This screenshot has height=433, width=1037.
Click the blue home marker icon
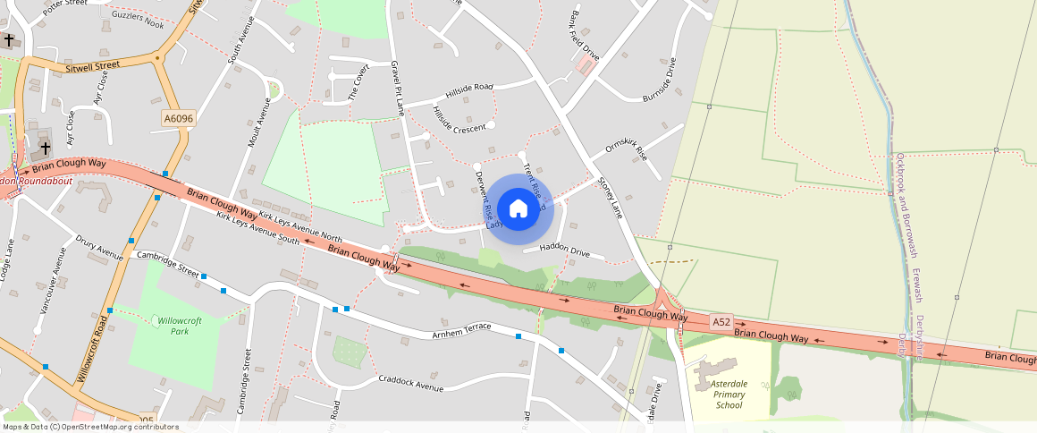(518, 208)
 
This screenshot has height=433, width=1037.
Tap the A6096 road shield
(179, 118)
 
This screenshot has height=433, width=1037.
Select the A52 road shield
(721, 320)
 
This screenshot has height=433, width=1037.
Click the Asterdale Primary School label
(729, 394)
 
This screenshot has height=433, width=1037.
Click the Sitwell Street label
(92, 66)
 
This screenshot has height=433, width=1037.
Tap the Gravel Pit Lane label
(398, 89)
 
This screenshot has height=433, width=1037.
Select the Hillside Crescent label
(458, 120)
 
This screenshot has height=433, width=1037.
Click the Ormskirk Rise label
(626, 150)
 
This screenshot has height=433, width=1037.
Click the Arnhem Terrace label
(461, 327)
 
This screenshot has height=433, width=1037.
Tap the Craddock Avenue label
(411, 383)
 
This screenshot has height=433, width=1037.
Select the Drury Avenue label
(99, 249)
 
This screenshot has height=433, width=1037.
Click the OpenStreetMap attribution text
(90, 427)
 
